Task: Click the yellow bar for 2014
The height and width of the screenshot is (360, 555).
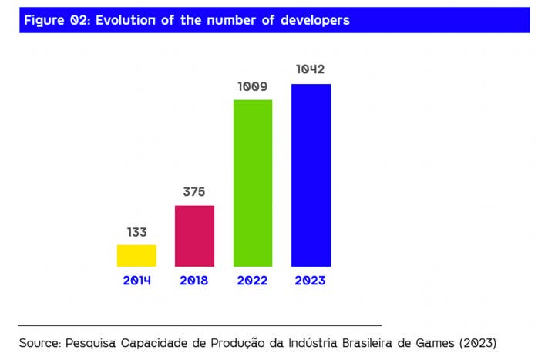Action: point(136,255)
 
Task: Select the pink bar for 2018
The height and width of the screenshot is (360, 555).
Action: point(194,236)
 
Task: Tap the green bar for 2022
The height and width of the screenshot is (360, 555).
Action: point(253,183)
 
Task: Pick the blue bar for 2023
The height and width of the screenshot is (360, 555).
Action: point(311,175)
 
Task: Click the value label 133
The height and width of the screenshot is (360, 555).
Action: point(136,232)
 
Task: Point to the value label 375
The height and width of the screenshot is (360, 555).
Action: point(194,192)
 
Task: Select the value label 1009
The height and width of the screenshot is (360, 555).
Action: point(253,86)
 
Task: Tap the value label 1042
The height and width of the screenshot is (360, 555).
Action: point(311,70)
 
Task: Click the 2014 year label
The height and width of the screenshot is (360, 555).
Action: point(136,281)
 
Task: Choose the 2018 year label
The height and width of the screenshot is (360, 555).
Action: point(194,281)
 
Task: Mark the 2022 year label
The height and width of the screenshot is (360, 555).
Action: point(253,281)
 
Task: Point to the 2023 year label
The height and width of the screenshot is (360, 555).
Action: point(311,281)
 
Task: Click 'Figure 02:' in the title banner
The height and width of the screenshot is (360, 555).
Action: point(55,20)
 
